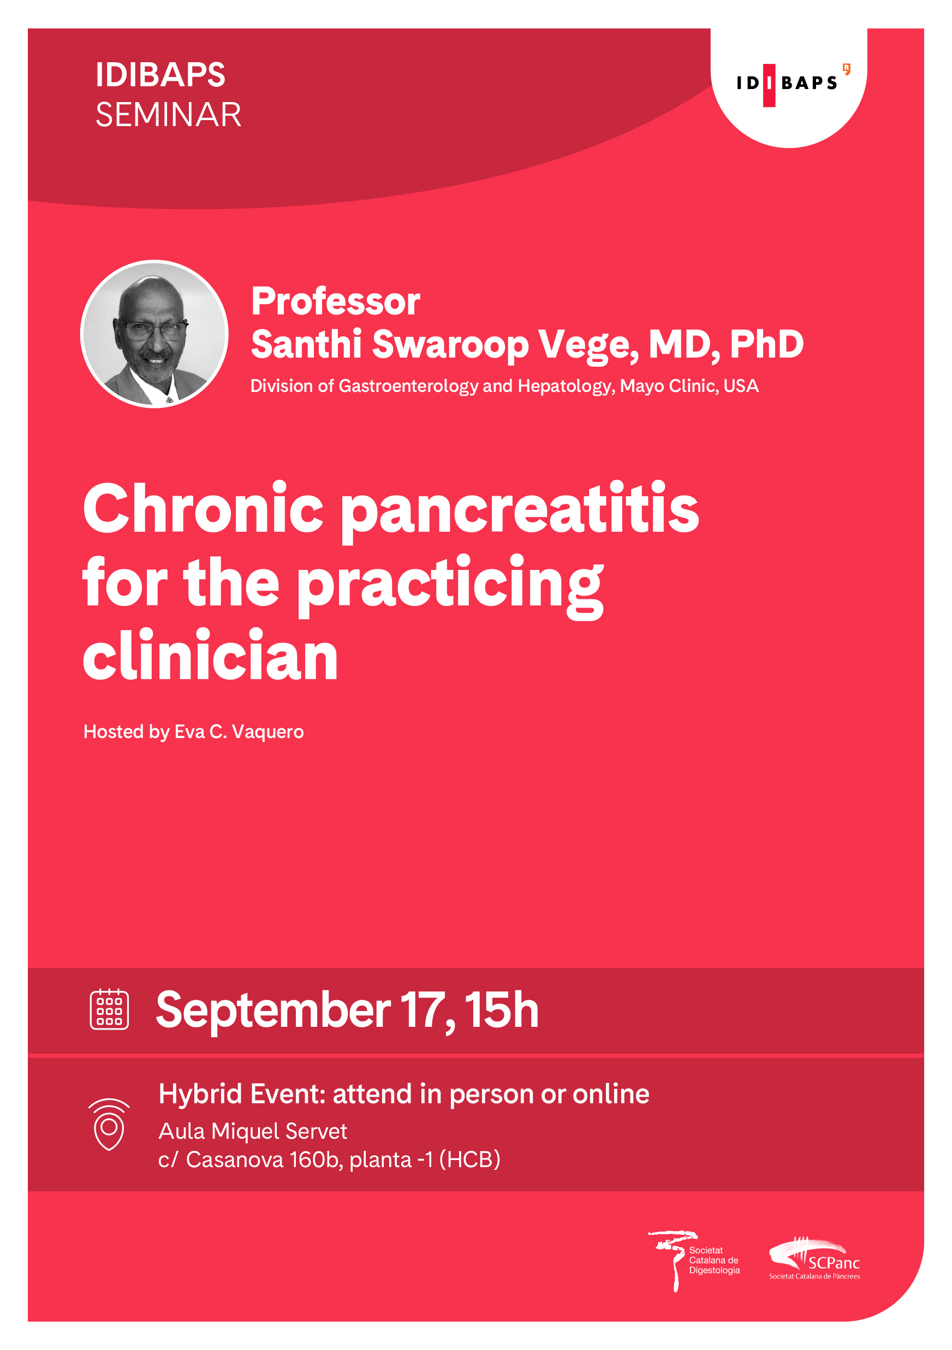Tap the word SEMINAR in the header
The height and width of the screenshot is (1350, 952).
(x=168, y=115)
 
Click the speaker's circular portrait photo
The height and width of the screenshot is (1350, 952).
(x=154, y=334)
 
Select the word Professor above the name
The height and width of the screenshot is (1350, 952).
(x=335, y=301)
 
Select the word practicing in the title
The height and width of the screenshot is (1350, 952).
(x=450, y=586)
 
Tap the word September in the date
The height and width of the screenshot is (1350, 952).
(x=273, y=1012)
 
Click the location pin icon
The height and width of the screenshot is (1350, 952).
(x=109, y=1123)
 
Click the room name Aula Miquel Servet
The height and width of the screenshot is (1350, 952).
(x=253, y=1131)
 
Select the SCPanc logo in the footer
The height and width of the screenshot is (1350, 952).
(x=814, y=1259)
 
